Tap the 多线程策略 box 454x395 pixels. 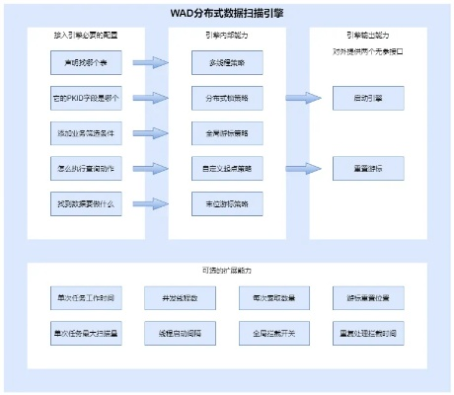click(x=221, y=63)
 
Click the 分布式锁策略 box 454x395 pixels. click(x=221, y=99)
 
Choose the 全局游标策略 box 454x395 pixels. click(x=221, y=132)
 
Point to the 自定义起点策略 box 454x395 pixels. click(x=221, y=168)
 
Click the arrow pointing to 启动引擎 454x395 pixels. click(x=303, y=99)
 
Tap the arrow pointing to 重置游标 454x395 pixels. click(x=303, y=169)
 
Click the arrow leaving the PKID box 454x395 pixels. click(x=150, y=99)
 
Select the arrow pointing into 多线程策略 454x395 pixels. click(x=150, y=63)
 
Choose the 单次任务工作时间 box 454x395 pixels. click(x=84, y=297)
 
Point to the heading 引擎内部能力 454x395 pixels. click(x=221, y=34)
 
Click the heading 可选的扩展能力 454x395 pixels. click(x=226, y=272)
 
